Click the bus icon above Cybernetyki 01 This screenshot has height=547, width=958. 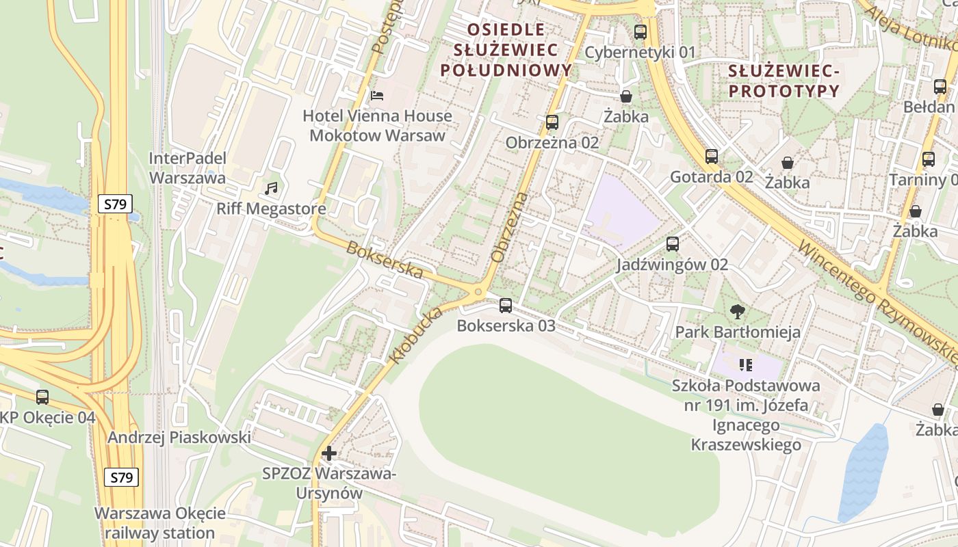[640, 31]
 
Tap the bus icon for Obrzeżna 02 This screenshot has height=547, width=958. [552, 122]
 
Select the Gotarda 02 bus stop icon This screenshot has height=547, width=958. [712, 157]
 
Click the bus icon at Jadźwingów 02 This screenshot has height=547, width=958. [672, 244]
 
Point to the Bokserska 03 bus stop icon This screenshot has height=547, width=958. [506, 306]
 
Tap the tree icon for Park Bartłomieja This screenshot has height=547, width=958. [737, 312]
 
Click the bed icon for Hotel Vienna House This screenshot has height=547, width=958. [377, 96]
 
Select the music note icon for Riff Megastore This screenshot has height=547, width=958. [271, 188]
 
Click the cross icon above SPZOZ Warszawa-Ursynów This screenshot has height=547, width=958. [329, 453]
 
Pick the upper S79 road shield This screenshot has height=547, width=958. [115, 204]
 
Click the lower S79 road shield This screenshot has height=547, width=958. [121, 477]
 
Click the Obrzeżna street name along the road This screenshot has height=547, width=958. [510, 227]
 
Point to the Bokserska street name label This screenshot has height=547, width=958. [385, 259]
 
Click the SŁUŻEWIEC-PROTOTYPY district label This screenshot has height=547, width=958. [783, 81]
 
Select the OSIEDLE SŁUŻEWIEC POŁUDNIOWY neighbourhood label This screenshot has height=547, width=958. [506, 49]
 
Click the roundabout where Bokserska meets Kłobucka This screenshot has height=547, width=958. [478, 293]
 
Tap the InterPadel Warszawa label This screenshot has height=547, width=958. [187, 168]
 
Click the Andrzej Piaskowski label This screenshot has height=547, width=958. [179, 437]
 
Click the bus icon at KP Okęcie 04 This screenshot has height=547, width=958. [42, 397]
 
